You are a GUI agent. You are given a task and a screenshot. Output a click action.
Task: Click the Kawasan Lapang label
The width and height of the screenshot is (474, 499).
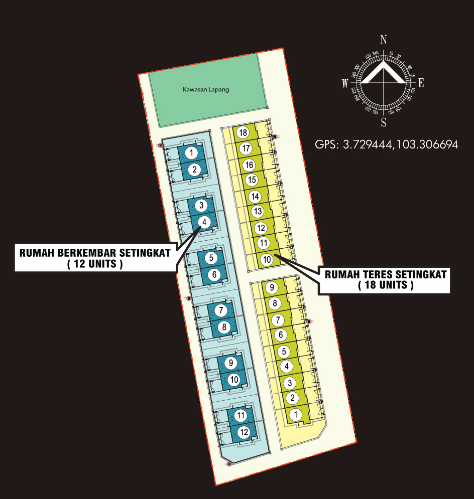tap(205, 90)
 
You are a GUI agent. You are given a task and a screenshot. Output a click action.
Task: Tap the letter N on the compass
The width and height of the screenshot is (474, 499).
tap(384, 40)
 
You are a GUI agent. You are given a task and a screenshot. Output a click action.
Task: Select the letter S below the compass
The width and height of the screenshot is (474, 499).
tap(384, 122)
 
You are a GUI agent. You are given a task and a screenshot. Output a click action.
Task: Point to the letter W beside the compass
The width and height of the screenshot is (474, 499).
tap(345, 84)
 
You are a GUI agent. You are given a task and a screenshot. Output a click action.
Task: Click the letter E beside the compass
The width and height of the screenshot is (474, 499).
tap(421, 83)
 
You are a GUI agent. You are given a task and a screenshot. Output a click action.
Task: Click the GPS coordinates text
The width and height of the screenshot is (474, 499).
tap(386, 145)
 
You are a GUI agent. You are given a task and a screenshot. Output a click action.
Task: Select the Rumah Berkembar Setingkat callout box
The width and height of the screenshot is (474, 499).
tap(94, 258)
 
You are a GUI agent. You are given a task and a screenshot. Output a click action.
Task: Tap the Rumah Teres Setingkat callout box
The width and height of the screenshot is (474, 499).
tap(385, 280)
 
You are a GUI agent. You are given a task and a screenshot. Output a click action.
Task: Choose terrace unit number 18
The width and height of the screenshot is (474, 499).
tap(244, 133)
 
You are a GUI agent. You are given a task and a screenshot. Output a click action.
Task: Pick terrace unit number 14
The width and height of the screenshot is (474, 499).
tap(255, 197)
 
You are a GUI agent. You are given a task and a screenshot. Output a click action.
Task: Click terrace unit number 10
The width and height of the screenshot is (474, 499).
tap(267, 259)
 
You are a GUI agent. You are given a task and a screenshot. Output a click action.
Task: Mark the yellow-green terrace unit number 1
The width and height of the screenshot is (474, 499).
tap(296, 414)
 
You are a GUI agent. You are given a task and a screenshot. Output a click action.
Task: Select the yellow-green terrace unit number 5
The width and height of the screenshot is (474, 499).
tap(284, 351)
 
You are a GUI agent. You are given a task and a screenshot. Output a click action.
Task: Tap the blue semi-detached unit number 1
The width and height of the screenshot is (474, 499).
tap(191, 152)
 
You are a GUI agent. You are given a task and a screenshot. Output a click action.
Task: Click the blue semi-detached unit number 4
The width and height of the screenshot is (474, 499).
tap(204, 221)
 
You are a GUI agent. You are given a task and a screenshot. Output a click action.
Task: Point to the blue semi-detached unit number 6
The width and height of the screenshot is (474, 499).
tap(214, 274)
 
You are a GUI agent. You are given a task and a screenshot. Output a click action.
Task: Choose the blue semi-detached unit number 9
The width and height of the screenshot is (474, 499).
tap(230, 363)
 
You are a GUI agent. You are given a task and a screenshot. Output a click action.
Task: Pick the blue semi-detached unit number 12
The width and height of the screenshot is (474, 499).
tap(244, 432)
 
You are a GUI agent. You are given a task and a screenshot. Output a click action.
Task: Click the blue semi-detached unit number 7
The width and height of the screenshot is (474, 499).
tap(221, 310)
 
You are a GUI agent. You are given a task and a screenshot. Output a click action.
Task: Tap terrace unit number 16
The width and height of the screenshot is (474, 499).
tap(249, 164)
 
